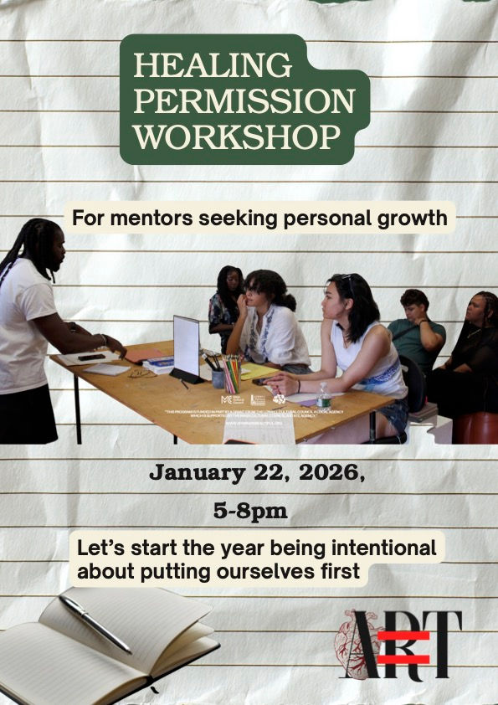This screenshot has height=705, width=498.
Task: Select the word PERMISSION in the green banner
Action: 244,100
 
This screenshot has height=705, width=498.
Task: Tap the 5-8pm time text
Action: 250,512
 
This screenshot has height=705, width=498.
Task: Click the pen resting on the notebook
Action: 95,624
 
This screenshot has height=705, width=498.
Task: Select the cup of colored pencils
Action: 231,375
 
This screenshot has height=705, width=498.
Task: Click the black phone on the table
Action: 92,357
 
